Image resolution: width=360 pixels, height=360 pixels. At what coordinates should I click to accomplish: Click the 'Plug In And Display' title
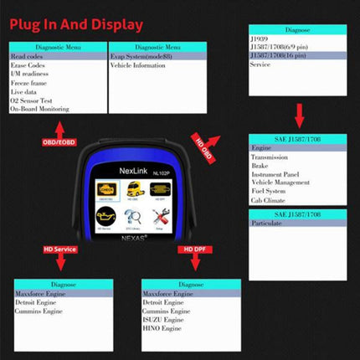click(75, 24)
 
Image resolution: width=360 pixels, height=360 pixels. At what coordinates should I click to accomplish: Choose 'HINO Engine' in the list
click(165, 327)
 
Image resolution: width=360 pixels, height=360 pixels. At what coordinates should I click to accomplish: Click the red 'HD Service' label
click(60, 249)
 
